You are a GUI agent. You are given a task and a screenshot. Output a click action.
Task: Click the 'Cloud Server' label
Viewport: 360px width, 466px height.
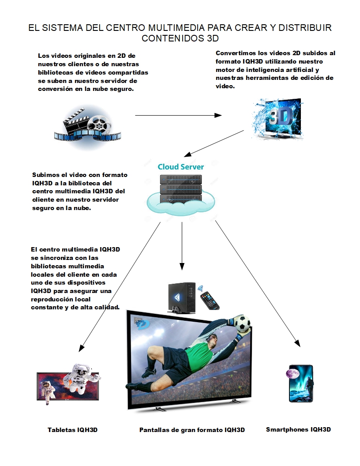[x=181, y=167]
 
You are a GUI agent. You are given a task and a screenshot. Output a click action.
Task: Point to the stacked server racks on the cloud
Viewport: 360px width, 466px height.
[x=180, y=188]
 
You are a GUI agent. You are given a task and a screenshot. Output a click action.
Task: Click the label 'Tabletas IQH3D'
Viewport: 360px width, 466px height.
[x=72, y=429]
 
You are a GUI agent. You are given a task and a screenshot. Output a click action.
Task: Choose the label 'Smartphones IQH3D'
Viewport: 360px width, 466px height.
[x=298, y=429]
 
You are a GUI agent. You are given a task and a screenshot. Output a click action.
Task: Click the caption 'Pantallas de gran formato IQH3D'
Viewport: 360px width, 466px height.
[x=192, y=430]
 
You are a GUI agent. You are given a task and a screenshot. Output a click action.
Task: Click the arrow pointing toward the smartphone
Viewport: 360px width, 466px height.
[x=256, y=282]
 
